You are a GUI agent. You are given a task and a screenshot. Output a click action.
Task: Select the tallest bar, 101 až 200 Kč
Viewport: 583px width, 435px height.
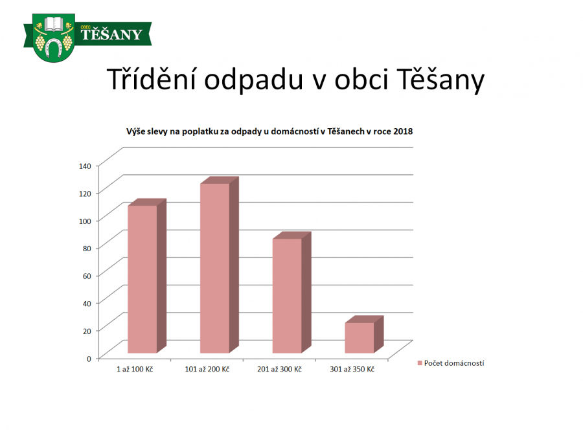[220, 265]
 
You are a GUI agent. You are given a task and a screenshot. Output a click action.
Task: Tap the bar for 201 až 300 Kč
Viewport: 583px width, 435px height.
[291, 293]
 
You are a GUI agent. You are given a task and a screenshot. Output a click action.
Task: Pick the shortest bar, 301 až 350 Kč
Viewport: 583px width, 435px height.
[364, 335]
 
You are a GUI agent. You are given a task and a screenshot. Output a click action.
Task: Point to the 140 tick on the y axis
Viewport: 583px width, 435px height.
[85, 166]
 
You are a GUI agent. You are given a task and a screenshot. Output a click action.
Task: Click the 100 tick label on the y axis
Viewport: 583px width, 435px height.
[85, 221]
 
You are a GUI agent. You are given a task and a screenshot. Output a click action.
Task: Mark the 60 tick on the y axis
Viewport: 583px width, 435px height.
[87, 276]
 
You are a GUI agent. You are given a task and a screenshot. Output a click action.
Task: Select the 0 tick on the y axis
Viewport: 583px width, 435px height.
[89, 359]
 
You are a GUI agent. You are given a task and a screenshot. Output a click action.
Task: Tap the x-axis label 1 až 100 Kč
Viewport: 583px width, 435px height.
[135, 369]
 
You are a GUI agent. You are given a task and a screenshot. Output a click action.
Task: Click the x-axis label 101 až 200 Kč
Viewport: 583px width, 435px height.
[207, 369]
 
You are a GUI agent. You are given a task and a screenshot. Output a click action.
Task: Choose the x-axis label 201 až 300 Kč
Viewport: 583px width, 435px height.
[279, 369]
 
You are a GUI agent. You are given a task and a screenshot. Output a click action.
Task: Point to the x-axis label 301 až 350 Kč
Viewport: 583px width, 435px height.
[352, 369]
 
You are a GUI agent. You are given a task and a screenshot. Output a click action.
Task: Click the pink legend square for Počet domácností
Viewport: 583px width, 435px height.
[420, 363]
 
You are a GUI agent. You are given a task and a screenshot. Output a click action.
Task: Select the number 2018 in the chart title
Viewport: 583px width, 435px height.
[403, 131]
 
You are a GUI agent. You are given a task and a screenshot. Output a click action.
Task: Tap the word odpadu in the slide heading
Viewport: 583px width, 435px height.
[253, 81]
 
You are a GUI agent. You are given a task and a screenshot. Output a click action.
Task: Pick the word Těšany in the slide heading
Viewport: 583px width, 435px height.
[441, 81]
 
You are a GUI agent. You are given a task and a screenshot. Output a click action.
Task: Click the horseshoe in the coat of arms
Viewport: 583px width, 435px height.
[53, 48]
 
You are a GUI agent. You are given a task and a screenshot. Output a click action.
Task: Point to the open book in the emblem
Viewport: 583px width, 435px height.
[54, 23]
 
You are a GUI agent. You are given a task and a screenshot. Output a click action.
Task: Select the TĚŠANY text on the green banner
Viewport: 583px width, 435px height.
[111, 34]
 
